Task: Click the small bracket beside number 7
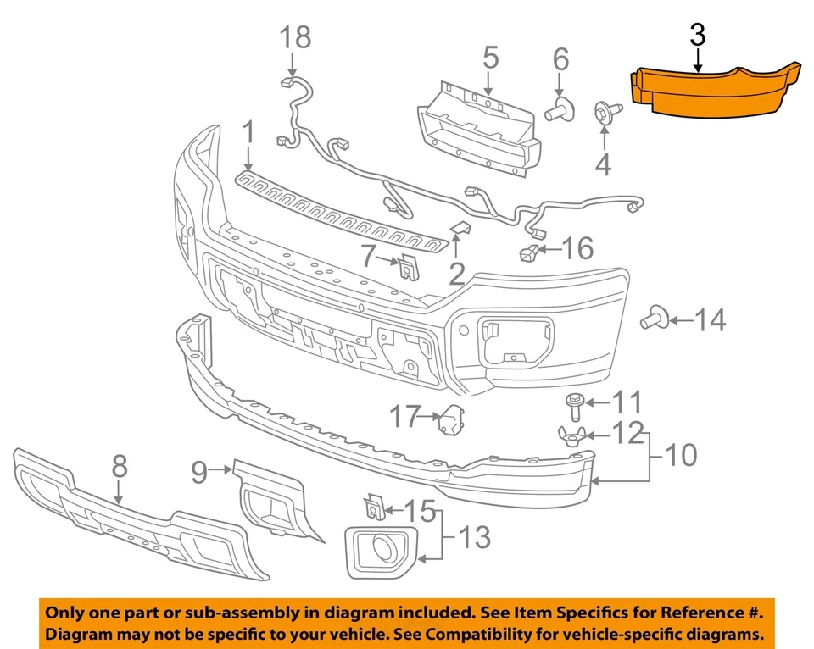(408, 266)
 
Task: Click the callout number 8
(119, 466)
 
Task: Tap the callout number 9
(199, 471)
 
